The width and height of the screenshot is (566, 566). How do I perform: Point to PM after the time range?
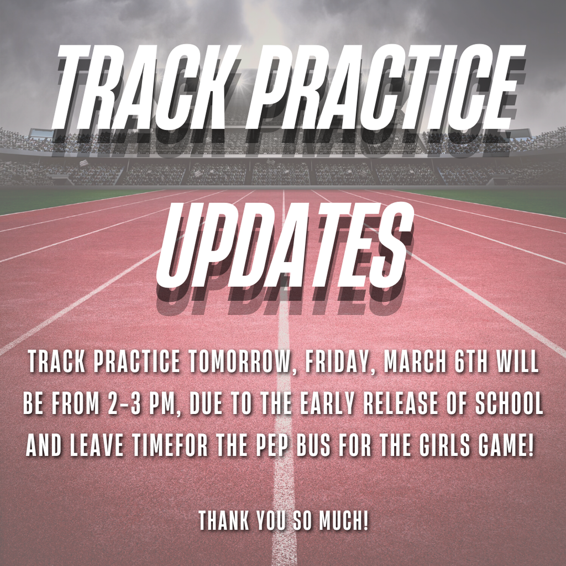pos(164,405)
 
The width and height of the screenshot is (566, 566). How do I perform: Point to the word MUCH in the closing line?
pos(343,521)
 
